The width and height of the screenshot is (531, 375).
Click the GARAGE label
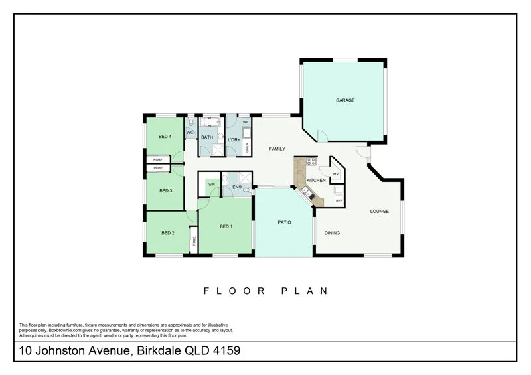coord(344,100)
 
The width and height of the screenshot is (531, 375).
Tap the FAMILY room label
coord(277,149)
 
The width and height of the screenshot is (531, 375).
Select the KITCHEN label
coord(315,180)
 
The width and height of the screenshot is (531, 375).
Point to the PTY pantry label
coord(335,174)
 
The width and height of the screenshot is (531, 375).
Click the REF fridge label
coord(339,200)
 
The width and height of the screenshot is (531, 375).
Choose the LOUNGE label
coord(379,211)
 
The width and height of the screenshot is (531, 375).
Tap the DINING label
coord(332,233)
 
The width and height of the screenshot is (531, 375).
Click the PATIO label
coord(284,222)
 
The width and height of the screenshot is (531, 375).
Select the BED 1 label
coord(226,226)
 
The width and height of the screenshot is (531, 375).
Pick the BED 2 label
coord(168,233)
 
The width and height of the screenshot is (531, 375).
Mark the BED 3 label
coord(165,190)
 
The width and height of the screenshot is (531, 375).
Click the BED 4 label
coord(165,137)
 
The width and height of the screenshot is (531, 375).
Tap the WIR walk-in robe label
coord(211,184)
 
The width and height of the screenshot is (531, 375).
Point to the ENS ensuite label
coord(236,188)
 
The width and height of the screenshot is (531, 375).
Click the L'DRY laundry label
coord(234,140)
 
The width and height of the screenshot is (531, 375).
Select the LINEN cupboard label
coord(247,149)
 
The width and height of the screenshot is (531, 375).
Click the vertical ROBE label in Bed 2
coord(194,242)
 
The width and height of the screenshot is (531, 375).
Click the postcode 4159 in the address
coord(225,350)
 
